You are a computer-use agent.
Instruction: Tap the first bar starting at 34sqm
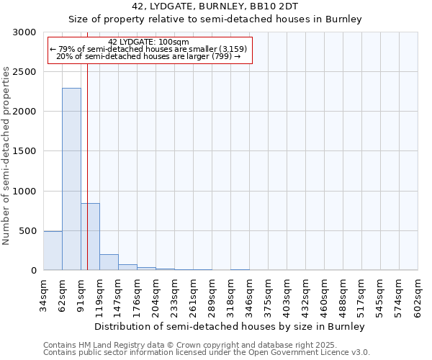[x=53, y=251]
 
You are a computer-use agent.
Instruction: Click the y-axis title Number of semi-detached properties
[x=7, y=156]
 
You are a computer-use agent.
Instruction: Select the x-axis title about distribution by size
[x=230, y=326]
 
